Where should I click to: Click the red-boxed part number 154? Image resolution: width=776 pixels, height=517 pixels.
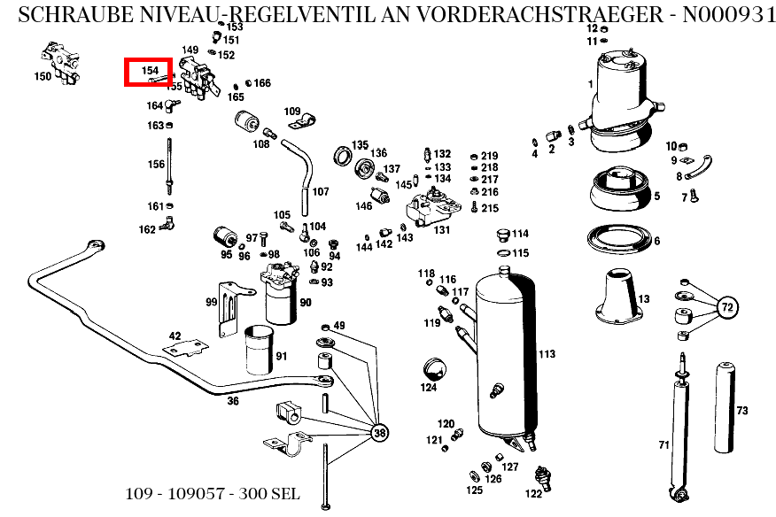point(148,71)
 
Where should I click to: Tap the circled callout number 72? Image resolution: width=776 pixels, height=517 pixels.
point(727,307)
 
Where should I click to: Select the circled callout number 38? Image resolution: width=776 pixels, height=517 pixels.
point(379,433)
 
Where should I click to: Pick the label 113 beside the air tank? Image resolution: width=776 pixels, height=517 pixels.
point(547,354)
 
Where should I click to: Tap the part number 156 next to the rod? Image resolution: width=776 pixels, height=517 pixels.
point(156,164)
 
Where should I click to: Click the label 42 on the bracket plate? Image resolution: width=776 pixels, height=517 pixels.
point(175,336)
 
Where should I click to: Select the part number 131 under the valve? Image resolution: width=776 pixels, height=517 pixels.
point(441,230)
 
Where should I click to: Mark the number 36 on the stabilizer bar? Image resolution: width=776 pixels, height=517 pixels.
point(232,401)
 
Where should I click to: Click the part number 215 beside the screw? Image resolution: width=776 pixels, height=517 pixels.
point(490,208)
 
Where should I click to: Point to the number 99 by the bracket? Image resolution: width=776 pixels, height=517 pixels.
point(212,302)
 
